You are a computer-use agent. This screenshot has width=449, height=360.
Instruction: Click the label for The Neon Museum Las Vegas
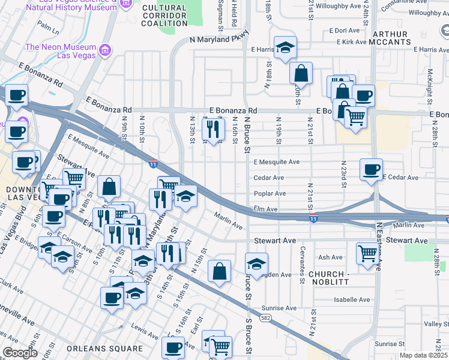[x=60, y=52]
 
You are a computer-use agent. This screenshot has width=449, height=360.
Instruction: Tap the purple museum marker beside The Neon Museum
[x=106, y=48]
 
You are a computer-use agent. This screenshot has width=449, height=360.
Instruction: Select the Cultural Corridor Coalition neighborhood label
[x=164, y=15]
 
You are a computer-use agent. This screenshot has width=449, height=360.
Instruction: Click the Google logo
[x=20, y=352]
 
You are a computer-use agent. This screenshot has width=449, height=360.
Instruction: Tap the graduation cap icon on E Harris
[x=285, y=48]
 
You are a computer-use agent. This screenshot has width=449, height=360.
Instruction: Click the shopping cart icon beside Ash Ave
[x=367, y=252]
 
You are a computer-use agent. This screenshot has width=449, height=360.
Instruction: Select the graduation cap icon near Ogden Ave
[x=256, y=263]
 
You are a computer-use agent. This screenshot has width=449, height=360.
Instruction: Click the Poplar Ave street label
[x=270, y=194]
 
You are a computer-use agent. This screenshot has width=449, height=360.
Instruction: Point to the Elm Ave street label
[x=267, y=209]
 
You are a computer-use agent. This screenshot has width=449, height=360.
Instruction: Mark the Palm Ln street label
[x=47, y=26]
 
